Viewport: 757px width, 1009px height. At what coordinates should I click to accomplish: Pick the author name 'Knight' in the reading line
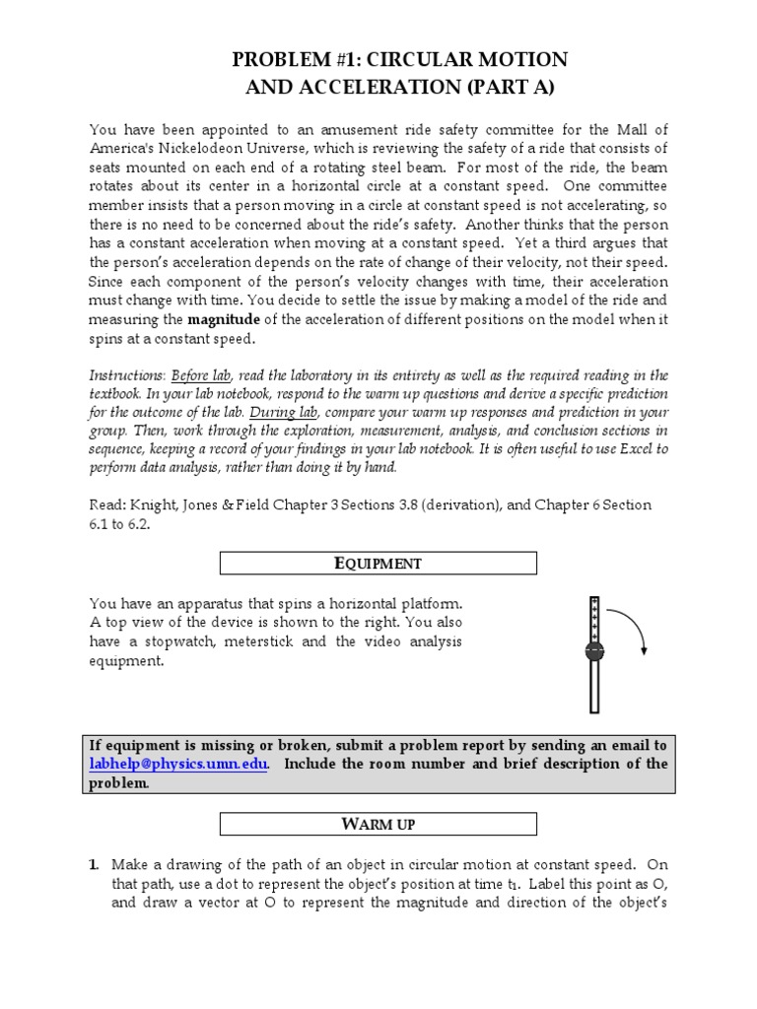click(x=151, y=504)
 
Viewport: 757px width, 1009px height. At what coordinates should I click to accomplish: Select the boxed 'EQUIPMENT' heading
click(x=378, y=564)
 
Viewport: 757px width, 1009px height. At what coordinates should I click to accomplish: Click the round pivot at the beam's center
click(x=594, y=651)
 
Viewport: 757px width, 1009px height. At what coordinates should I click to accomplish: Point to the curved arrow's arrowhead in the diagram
click(x=644, y=648)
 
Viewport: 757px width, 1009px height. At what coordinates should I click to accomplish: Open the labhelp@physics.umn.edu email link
click(x=177, y=765)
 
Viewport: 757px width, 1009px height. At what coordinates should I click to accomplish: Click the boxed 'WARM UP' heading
click(x=378, y=824)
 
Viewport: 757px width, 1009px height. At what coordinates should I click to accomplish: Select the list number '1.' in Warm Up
click(x=95, y=864)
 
